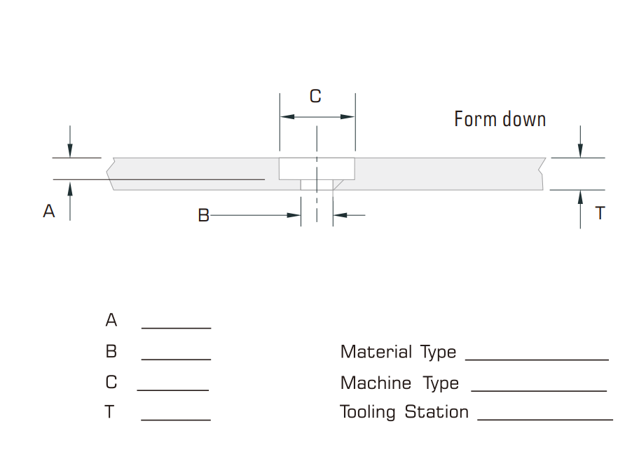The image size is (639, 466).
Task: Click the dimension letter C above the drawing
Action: pos(315,97)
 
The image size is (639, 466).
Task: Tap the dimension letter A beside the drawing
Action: pos(48,211)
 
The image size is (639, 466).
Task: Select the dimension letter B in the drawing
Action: pos(203,216)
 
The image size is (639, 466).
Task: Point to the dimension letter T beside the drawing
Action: pos(600,213)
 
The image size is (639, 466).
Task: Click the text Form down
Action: pos(500,119)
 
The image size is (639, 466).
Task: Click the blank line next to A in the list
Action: pos(176,327)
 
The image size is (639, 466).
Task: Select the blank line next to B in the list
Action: pos(176,359)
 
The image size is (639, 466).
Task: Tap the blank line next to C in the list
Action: pos(173,390)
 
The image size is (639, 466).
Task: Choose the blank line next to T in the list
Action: pos(176,420)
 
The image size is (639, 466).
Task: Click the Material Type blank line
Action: pos(537,359)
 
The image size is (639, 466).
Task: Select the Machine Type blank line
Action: pos(539,390)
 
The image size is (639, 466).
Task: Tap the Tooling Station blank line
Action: pos(544,420)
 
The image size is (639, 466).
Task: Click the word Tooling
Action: pos(368,412)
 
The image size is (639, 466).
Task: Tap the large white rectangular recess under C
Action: pos(317,169)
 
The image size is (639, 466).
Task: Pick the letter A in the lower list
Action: pos(111,321)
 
